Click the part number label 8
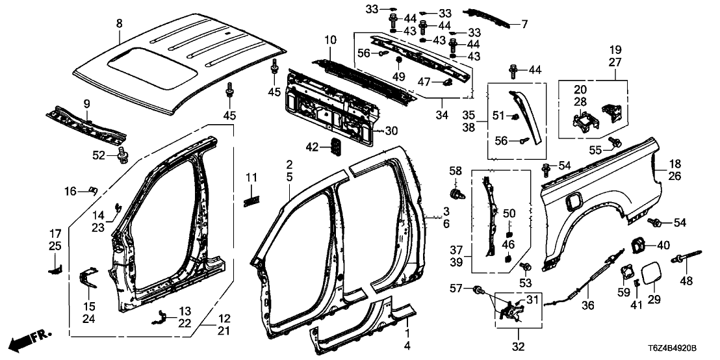pyautogui.click(x=119, y=24)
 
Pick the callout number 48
pyautogui.click(x=687, y=281)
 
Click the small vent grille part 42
pyautogui.click(x=337, y=147)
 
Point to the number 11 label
pyautogui.click(x=251, y=177)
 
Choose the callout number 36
pyautogui.click(x=589, y=305)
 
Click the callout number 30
pyautogui.click(x=391, y=130)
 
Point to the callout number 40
pyautogui.click(x=663, y=245)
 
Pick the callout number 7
pyautogui.click(x=524, y=24)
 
